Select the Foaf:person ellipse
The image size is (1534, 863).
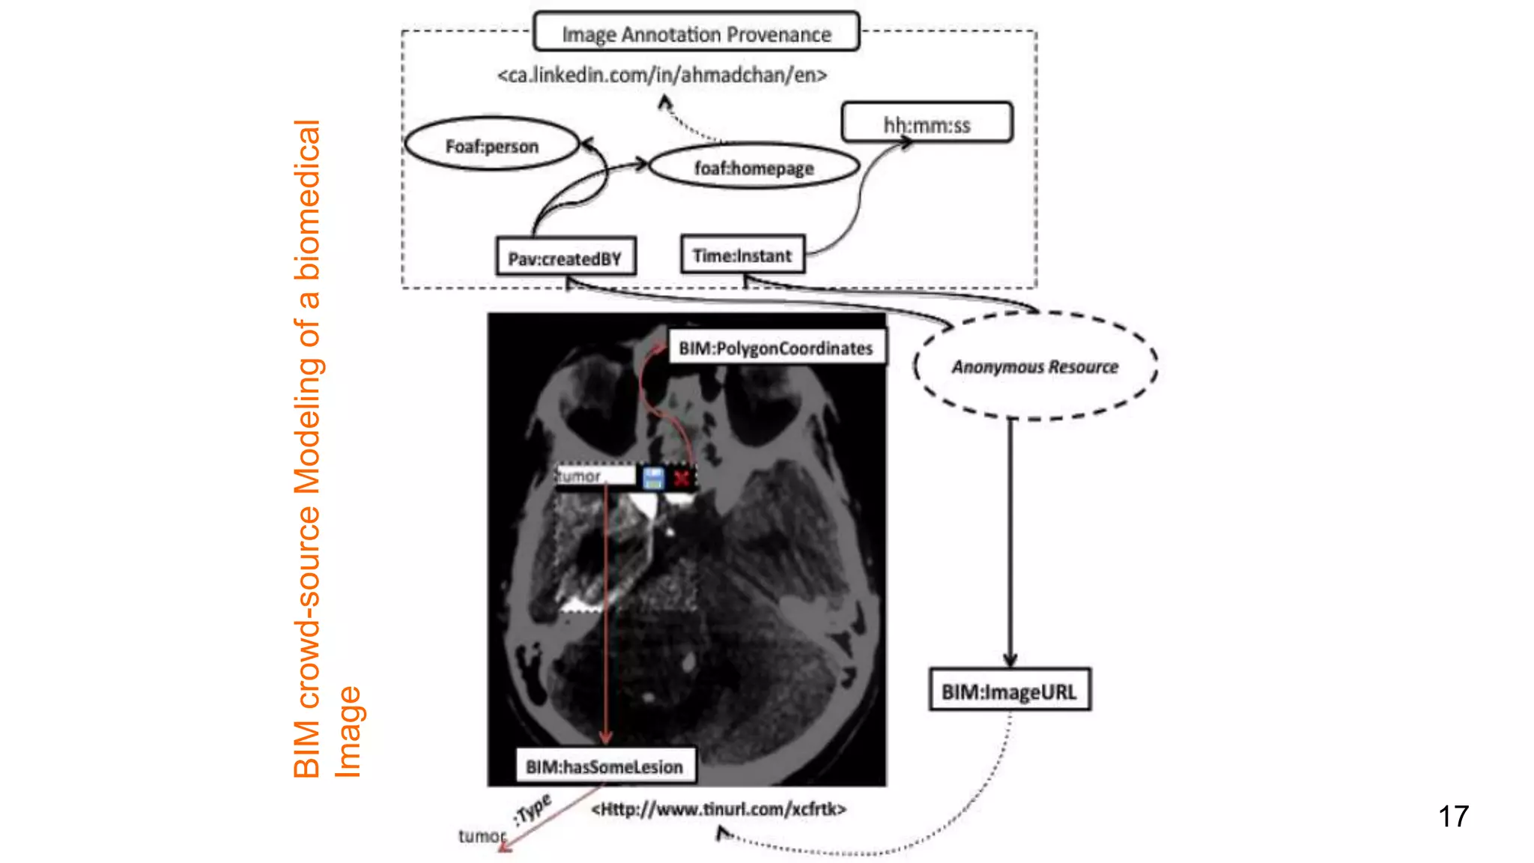491,145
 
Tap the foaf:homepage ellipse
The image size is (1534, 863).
754,167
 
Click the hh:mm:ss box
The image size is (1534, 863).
927,123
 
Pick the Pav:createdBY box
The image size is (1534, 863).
566,258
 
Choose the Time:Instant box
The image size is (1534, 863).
742,255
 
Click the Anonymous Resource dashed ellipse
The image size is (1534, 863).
1034,366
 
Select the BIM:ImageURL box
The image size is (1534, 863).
1009,690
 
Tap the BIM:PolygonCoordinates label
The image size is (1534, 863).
776,348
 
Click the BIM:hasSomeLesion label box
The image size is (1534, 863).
604,766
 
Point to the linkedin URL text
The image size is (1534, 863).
662,75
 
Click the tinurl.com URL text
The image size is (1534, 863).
718,809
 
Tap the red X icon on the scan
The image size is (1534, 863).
681,478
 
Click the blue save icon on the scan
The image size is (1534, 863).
653,478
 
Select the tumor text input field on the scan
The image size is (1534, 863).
595,476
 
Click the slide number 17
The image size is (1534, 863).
1453,816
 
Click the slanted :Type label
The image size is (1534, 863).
533,809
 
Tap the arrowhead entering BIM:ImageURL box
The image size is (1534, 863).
1010,659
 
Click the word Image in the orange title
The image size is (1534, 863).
348,732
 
